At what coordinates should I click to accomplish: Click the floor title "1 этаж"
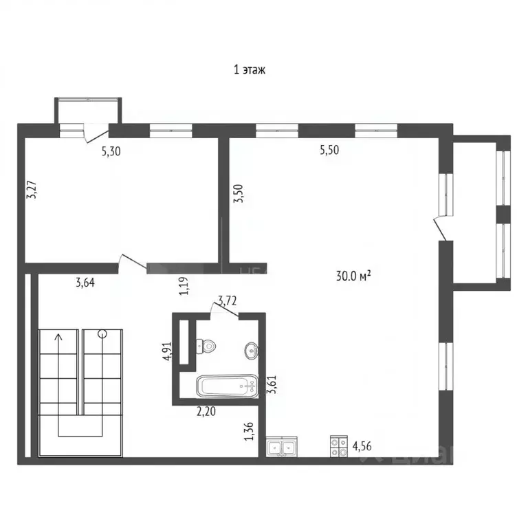[250, 69]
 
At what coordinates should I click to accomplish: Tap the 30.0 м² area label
[353, 276]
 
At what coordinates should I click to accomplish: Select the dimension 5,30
[111, 153]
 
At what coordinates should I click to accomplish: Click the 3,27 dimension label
[31, 190]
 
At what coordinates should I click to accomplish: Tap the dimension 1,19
[184, 285]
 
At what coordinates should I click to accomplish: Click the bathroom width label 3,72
[228, 300]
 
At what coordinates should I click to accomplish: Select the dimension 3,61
[272, 384]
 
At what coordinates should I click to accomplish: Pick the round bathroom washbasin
[251, 351]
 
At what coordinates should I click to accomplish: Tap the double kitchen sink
[283, 448]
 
